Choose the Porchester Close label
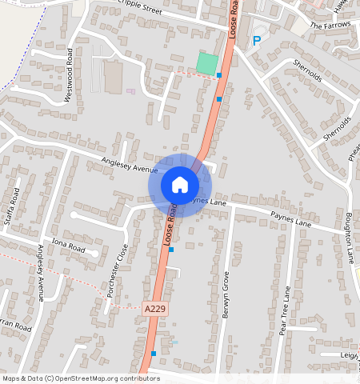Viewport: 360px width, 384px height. (x=118, y=271)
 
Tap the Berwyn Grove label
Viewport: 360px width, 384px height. (x=226, y=295)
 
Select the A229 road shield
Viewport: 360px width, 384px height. (x=156, y=308)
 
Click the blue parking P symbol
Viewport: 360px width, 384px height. (x=257, y=41)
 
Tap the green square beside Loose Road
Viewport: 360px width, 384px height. (x=207, y=63)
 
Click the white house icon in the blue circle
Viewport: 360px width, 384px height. (x=180, y=185)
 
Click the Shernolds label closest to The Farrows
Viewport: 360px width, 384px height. (x=306, y=74)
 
